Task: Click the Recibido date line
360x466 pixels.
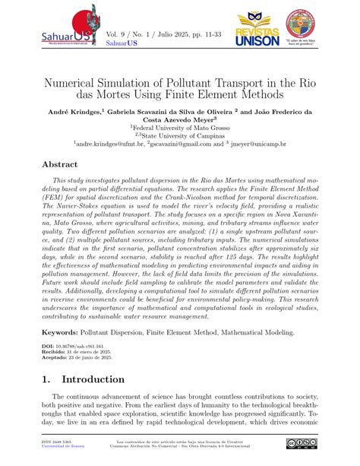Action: coord(79,353)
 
